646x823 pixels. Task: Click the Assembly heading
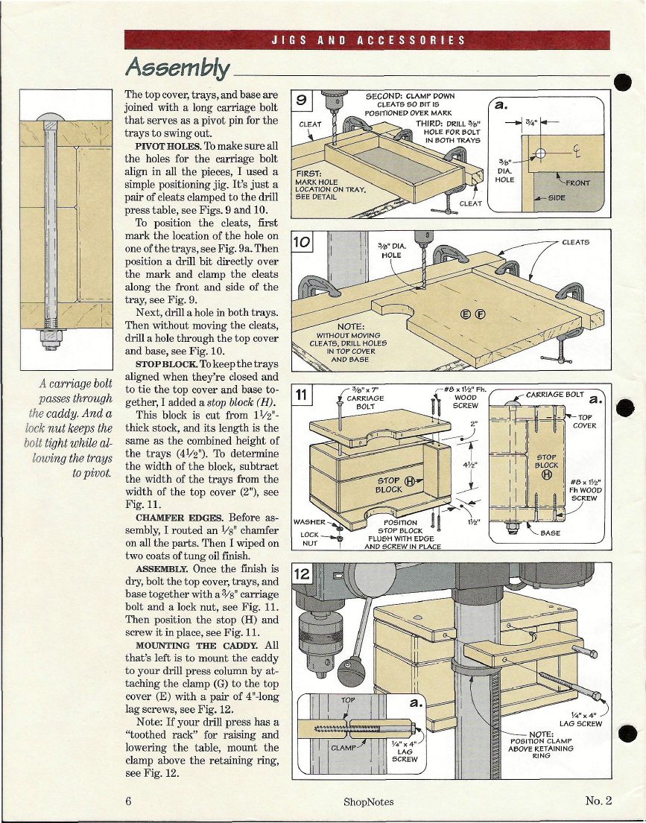coord(177,69)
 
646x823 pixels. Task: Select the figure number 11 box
coord(303,395)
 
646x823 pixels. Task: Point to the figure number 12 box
coord(303,575)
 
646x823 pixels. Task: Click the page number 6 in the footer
coord(129,801)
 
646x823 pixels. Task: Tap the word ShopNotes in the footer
coord(369,801)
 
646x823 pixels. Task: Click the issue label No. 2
coord(598,801)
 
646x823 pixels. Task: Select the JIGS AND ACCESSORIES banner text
coord(367,40)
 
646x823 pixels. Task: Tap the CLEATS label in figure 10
coord(575,242)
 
